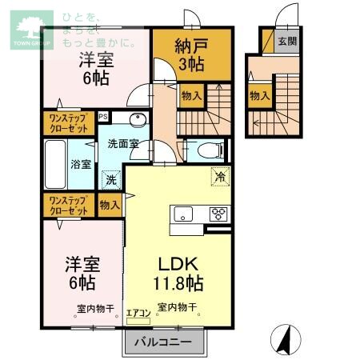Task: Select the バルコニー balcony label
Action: pos(162,343)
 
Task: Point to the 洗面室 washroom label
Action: pos(124,144)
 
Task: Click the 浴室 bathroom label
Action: pos(81,164)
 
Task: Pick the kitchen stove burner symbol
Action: pos(218,214)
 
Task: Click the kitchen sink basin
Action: pos(183,214)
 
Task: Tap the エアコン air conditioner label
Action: pos(138,314)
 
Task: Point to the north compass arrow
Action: pos(282,339)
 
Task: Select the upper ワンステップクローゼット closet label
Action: pos(69,123)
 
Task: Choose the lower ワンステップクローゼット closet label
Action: pos(69,206)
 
